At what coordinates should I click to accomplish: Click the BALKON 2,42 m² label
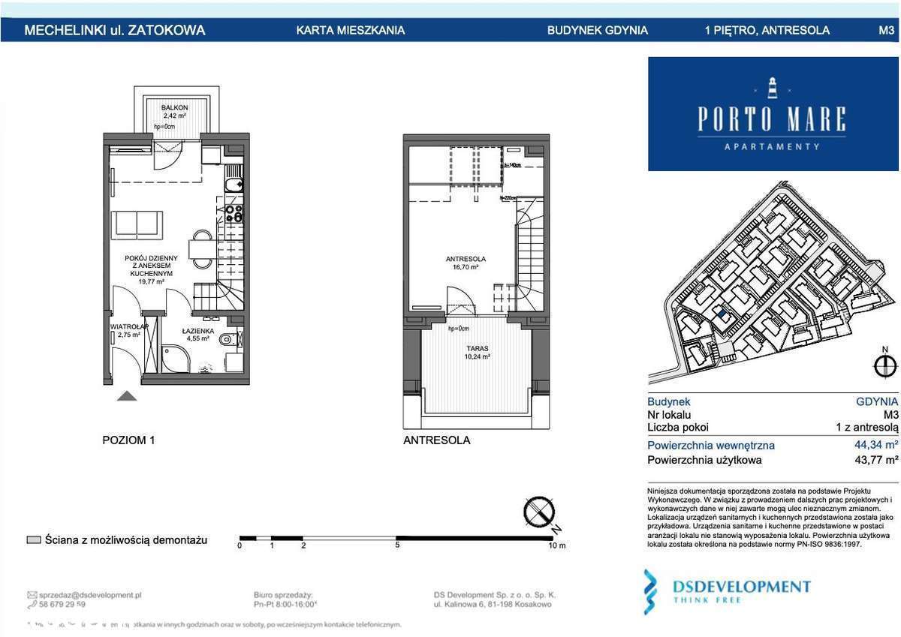174,112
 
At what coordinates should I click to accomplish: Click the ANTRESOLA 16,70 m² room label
466,263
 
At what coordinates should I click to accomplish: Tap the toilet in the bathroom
228,340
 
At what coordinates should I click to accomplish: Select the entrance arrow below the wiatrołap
127,395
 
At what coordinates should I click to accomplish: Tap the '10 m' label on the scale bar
556,545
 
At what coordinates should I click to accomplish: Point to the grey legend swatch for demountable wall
33,540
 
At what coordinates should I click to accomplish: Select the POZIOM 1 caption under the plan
128,440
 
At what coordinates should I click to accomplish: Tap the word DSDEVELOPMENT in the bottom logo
741,586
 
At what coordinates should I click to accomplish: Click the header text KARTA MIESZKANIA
351,31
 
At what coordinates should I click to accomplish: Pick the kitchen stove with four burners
234,214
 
